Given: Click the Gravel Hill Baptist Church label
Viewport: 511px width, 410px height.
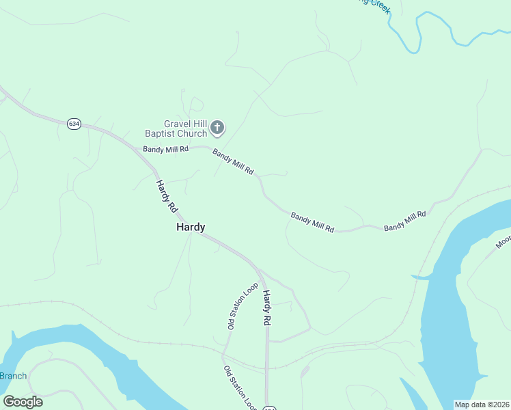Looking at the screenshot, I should [x=175, y=128].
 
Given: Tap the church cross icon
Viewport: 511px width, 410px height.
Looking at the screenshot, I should [x=217, y=127].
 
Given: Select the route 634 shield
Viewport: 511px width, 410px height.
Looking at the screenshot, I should [x=74, y=124].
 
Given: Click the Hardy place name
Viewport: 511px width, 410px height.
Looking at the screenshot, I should [x=191, y=228].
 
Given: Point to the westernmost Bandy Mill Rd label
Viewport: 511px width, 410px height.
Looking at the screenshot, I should [x=165, y=148].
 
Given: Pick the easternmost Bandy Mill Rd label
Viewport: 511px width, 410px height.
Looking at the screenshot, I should [x=404, y=220].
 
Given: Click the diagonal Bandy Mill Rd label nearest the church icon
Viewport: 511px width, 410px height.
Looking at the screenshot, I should [x=233, y=161].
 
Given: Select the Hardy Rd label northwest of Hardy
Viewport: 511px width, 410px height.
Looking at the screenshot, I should [x=166, y=195].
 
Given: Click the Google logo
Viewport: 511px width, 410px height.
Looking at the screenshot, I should [x=23, y=402].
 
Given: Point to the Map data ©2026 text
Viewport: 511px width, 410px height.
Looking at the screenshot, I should [x=482, y=405].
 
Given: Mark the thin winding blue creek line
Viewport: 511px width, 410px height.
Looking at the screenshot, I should [x=437, y=25].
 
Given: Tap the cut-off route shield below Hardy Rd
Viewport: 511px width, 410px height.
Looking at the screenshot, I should [x=269, y=407].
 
